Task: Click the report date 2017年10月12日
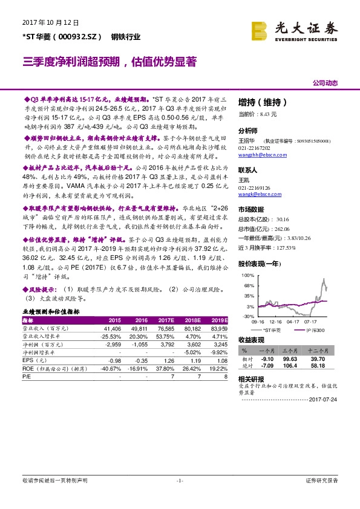(x=50, y=22)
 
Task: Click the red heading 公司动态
(x=325, y=82)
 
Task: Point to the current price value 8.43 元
(x=267, y=114)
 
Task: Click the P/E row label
(x=27, y=375)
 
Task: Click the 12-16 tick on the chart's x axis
(x=277, y=322)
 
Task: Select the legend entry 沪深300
(x=316, y=330)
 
